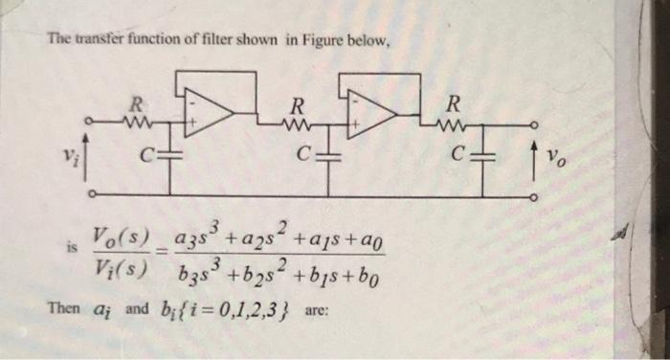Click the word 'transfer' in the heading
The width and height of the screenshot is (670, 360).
click(x=95, y=40)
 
